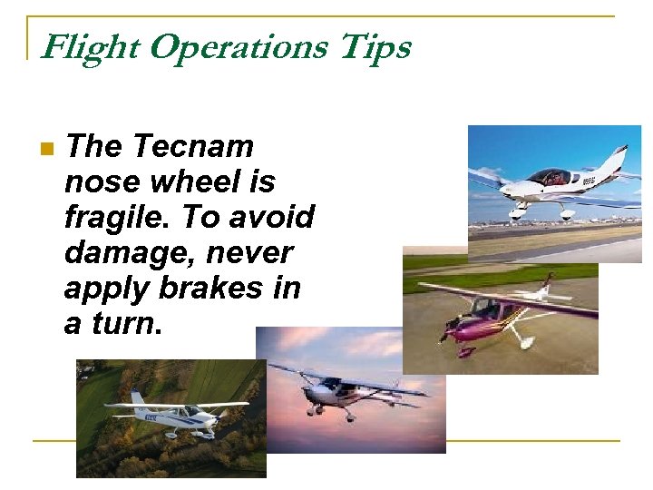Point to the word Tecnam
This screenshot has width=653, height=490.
click(192, 146)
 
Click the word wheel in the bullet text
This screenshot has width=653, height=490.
click(190, 181)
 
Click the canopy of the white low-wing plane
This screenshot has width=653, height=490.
click(548, 177)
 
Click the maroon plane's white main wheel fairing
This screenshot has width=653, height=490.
click(523, 343)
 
